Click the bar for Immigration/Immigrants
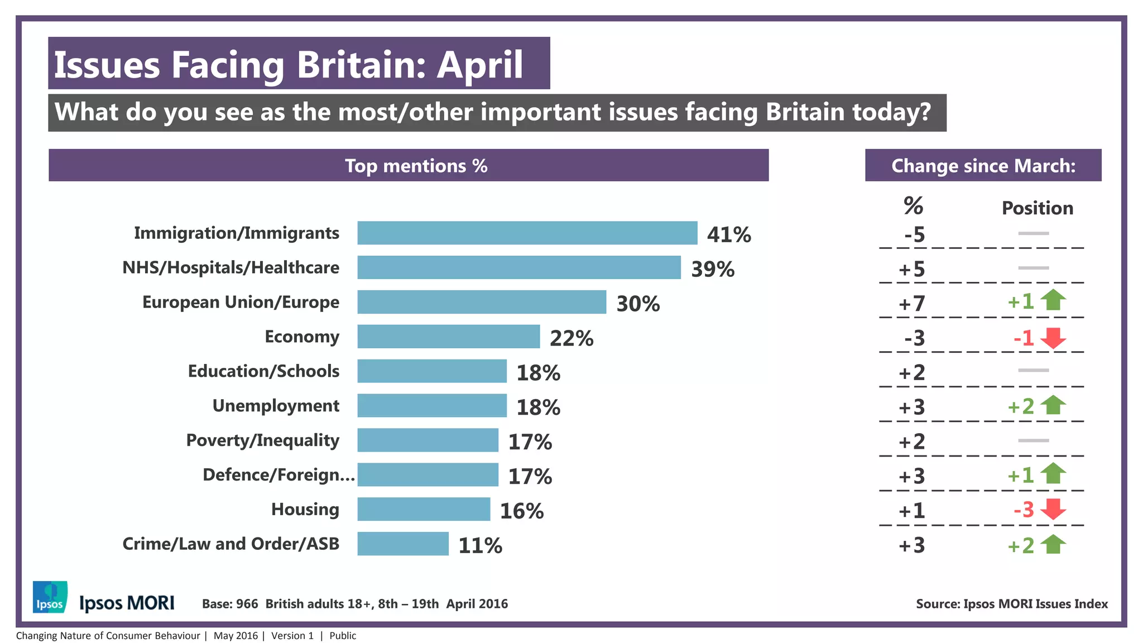[527, 233]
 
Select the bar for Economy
[448, 337]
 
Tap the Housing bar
[424, 509]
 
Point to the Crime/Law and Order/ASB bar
[402, 544]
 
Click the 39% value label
[713, 270]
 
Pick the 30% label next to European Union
[638, 304]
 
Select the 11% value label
[480, 546]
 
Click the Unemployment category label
[276, 406]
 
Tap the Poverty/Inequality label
[262, 440]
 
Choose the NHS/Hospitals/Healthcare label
[230, 268]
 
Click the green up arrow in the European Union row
[1053, 300]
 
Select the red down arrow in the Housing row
[1053, 508]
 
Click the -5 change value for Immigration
[914, 235]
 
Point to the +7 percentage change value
[912, 304]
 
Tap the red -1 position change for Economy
[1024, 338]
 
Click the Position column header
[1037, 208]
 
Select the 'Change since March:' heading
[983, 166]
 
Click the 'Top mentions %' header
[416, 166]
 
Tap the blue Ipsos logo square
[50, 597]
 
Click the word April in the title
[479, 65]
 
